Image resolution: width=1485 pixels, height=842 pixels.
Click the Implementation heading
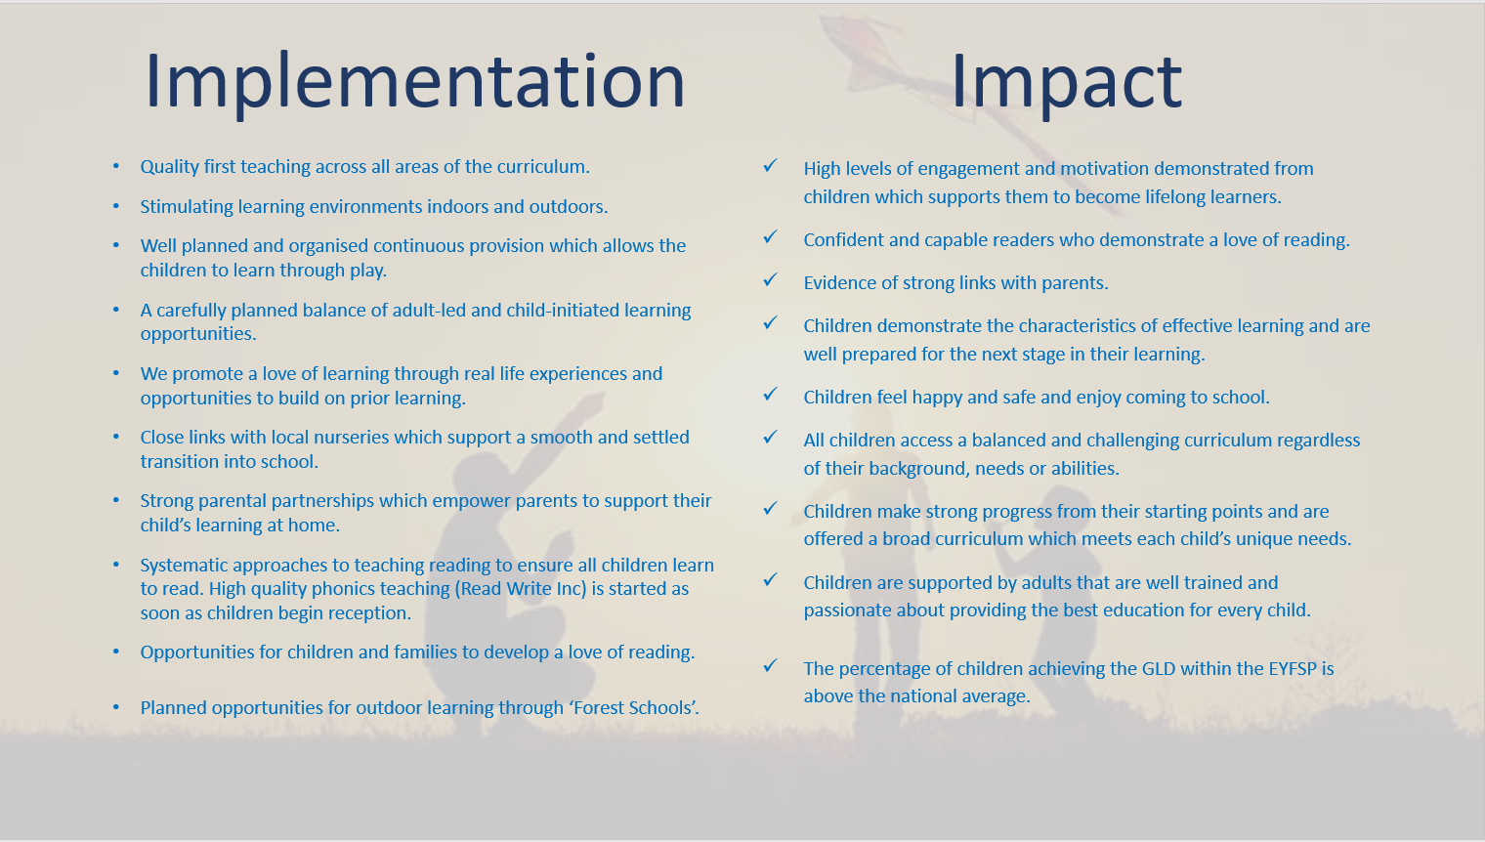pos(415,82)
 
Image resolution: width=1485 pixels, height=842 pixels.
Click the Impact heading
pos(1067,82)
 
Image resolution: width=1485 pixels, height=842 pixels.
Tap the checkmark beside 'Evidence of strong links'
pos(770,279)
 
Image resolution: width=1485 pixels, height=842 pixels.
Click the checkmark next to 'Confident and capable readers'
pos(770,236)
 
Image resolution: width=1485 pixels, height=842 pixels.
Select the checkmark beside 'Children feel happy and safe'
pos(770,394)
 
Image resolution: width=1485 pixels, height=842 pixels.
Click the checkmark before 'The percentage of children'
pos(770,665)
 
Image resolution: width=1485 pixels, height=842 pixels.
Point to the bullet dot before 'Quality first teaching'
pos(116,166)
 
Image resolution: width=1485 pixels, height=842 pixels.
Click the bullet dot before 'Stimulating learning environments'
pos(116,206)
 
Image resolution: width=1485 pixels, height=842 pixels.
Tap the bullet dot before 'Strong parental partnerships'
pos(116,500)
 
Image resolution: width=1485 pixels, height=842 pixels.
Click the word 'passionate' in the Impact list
pos(848,610)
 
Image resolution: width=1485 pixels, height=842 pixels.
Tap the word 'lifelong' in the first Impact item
pos(1153,197)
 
